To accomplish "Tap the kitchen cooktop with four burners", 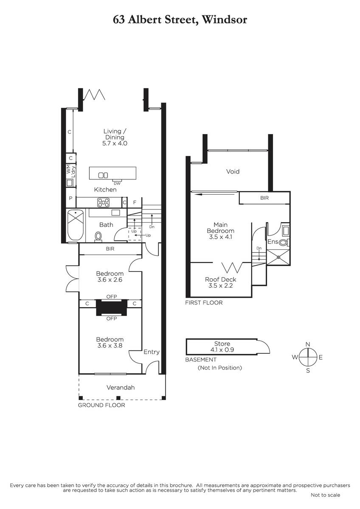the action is (x=103, y=203).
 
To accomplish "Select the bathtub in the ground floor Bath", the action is (x=76, y=225).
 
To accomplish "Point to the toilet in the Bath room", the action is (x=98, y=237).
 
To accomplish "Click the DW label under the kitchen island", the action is (x=117, y=183).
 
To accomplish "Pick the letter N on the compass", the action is (x=308, y=344).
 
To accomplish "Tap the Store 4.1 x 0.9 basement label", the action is (x=222, y=347).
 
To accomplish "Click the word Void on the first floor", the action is (x=233, y=171).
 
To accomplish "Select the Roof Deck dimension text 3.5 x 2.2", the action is (x=220, y=285).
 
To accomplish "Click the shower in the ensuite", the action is (x=278, y=257).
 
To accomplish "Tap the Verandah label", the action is (x=121, y=387).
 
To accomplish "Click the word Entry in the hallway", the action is (x=152, y=352).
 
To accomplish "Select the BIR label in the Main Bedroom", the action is (x=264, y=198).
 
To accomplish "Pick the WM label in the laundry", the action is (x=69, y=169).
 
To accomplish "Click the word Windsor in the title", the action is (x=224, y=20).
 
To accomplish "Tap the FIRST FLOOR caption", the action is (x=204, y=303).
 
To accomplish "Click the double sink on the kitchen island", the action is (x=103, y=175).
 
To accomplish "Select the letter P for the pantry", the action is (x=71, y=198).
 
